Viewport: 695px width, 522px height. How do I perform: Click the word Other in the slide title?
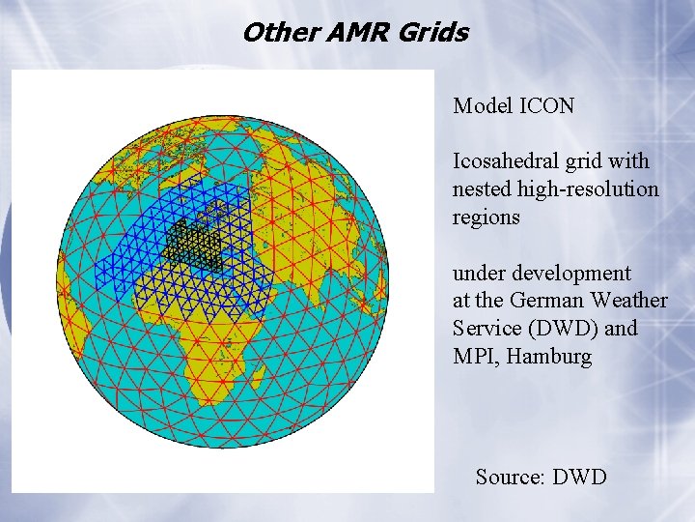270,33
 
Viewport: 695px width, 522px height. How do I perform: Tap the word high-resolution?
588,189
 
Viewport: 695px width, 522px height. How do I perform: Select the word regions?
486,217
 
